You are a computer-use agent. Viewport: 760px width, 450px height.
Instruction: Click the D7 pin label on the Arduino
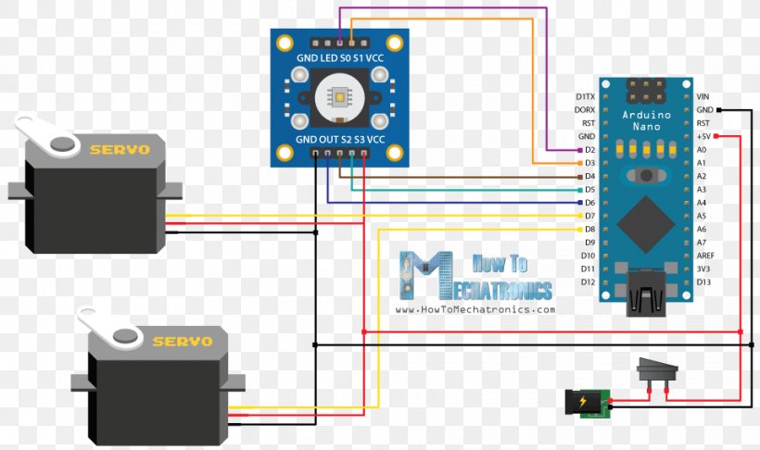589,216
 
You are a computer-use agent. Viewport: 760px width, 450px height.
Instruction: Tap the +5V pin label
703,137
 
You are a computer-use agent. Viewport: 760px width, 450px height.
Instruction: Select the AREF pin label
705,256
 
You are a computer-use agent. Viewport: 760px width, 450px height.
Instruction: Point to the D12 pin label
588,281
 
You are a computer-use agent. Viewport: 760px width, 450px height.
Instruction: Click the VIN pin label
703,97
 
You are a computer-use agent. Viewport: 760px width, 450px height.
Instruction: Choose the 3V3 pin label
703,269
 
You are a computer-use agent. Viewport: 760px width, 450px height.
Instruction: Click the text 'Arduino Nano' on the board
647,120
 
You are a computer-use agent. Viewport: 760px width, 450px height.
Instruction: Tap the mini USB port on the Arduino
645,294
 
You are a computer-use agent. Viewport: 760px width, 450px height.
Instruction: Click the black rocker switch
657,373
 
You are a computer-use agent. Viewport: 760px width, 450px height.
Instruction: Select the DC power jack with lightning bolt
587,402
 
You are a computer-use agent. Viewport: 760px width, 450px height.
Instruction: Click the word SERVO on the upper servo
120,150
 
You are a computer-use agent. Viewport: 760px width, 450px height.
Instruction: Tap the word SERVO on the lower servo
183,342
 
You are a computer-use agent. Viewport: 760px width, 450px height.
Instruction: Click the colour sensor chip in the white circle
339,97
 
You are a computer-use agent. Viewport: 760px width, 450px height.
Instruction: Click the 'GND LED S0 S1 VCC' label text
340,58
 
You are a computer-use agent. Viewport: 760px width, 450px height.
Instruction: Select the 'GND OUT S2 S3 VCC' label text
340,140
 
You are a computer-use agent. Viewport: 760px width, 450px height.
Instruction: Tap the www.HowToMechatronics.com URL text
475,309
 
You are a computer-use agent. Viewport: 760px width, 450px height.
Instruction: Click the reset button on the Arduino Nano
646,175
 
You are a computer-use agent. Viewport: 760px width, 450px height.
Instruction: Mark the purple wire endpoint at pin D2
580,150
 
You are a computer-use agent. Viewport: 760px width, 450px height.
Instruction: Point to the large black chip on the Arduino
646,223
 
